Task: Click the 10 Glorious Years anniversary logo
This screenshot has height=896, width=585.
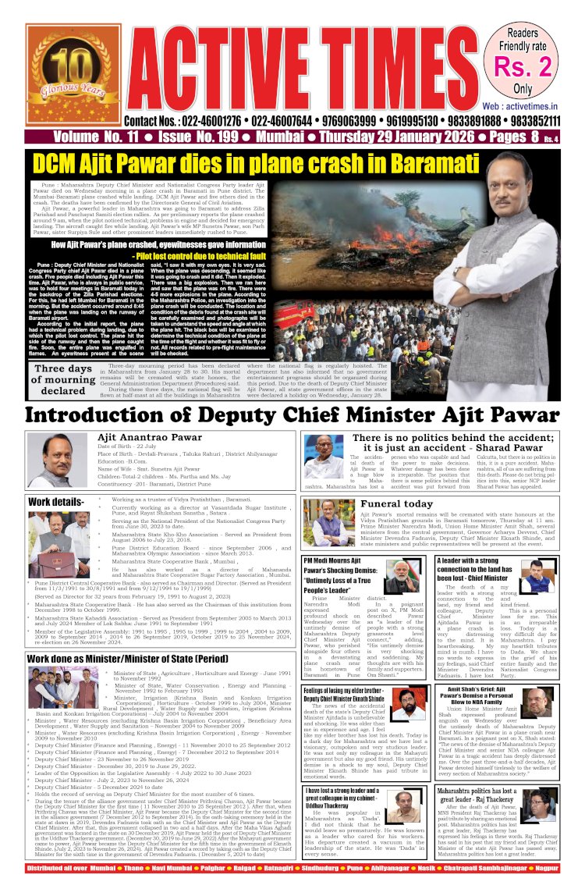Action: [65, 75]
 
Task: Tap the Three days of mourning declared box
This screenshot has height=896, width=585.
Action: [64, 379]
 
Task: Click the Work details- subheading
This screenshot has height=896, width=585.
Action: [56, 501]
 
